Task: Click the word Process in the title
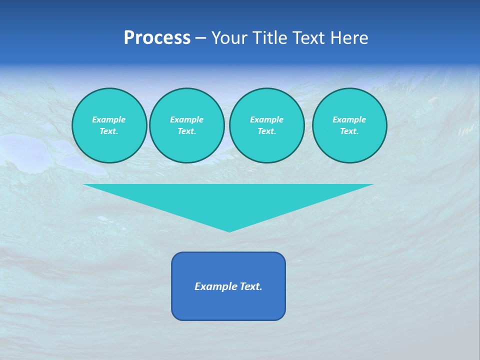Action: (x=157, y=38)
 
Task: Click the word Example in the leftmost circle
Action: (x=109, y=119)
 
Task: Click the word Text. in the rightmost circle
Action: (x=349, y=131)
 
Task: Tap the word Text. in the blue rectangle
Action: (x=250, y=286)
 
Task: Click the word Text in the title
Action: (x=306, y=38)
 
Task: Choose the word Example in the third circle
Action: (x=266, y=119)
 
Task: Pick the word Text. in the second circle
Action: (x=186, y=131)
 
